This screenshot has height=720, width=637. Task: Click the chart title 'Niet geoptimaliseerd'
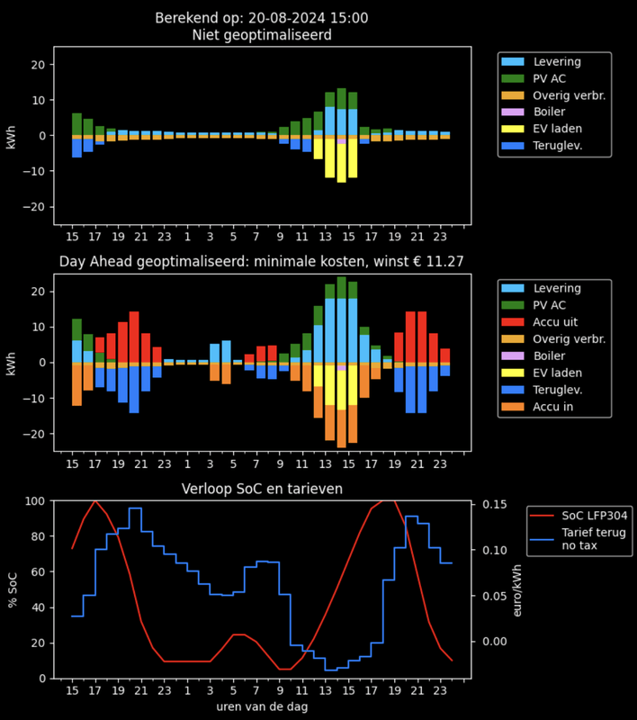(x=261, y=36)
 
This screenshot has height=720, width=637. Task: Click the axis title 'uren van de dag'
(x=261, y=706)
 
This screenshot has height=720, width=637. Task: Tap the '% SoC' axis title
(x=13, y=589)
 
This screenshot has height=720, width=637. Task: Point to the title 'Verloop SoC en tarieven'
(x=261, y=489)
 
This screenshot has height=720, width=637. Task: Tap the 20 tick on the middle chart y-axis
(x=37, y=292)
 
